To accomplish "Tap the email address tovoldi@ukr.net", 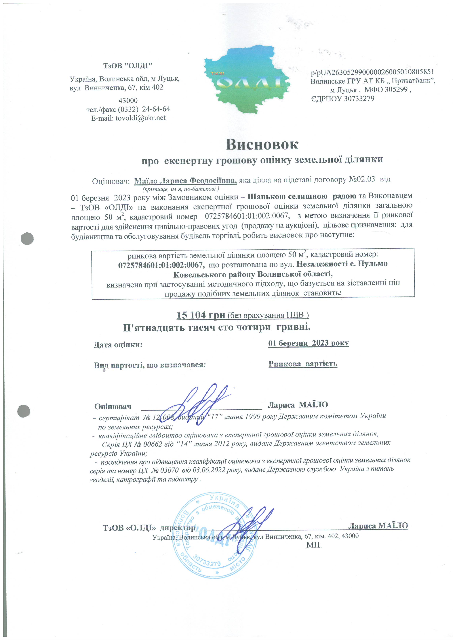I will tap(140, 118).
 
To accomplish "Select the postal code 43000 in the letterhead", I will tap(128, 100).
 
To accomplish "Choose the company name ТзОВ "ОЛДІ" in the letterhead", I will tap(128, 66).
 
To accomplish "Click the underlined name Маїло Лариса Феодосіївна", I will tap(185, 181).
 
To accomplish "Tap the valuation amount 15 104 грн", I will tap(201, 315).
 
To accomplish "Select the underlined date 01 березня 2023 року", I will tap(308, 343).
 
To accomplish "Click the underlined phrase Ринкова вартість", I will tap(303, 364).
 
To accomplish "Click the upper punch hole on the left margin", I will tap(27, 239).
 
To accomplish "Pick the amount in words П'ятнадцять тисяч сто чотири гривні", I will tap(217, 327).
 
